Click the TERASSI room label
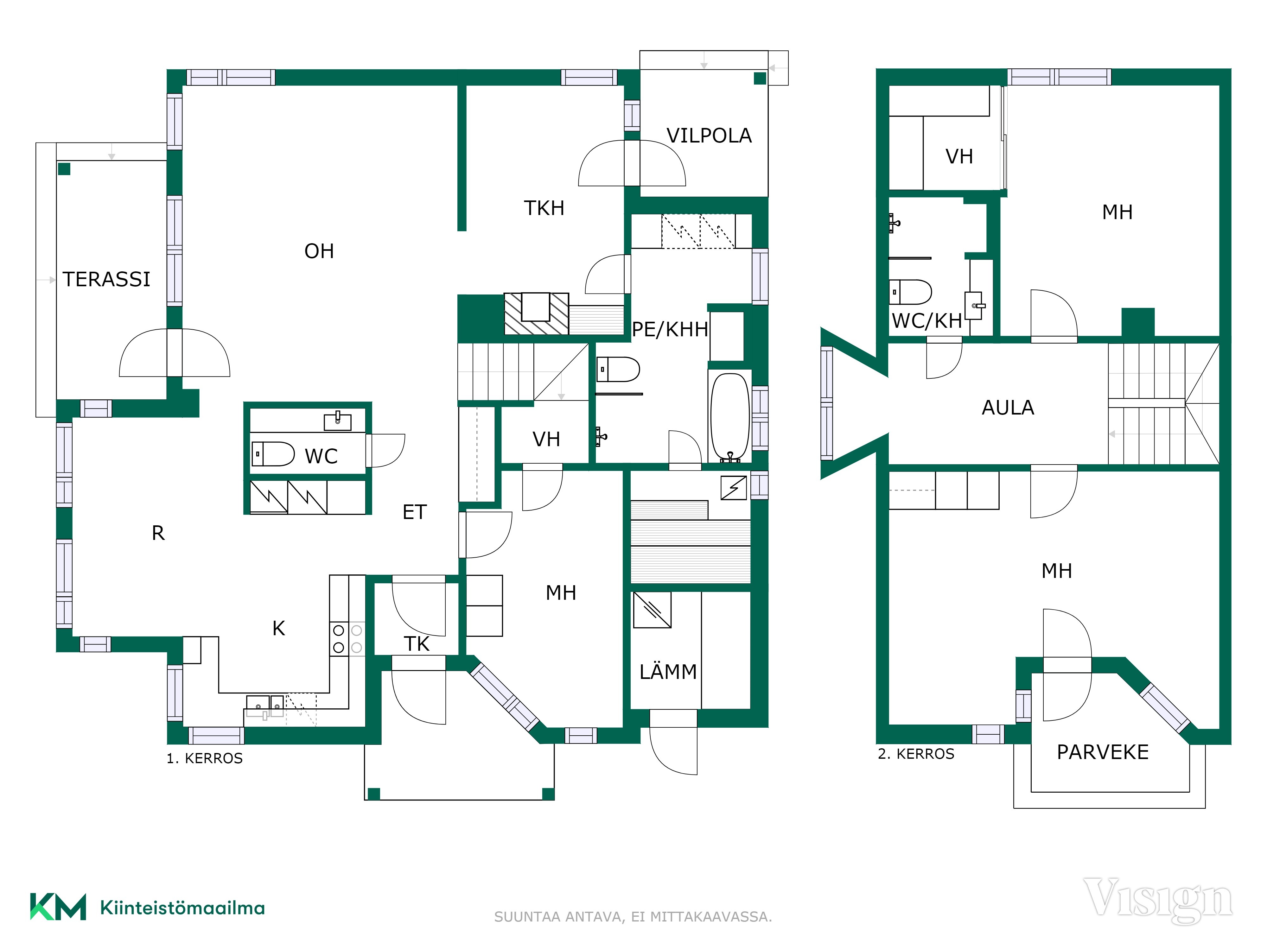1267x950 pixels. (x=106, y=279)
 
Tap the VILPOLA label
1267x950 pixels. (x=709, y=136)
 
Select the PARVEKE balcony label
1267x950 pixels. (x=1103, y=752)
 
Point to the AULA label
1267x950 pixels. (x=1008, y=408)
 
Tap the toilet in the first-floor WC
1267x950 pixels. (x=273, y=453)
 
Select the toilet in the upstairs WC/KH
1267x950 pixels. (x=910, y=291)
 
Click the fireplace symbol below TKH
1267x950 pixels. (x=536, y=314)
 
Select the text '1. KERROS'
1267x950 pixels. (x=205, y=758)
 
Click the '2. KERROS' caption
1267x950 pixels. (x=916, y=754)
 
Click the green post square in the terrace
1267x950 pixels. (x=64, y=169)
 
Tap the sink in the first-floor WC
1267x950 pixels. (x=337, y=421)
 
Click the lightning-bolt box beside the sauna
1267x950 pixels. (x=734, y=488)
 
